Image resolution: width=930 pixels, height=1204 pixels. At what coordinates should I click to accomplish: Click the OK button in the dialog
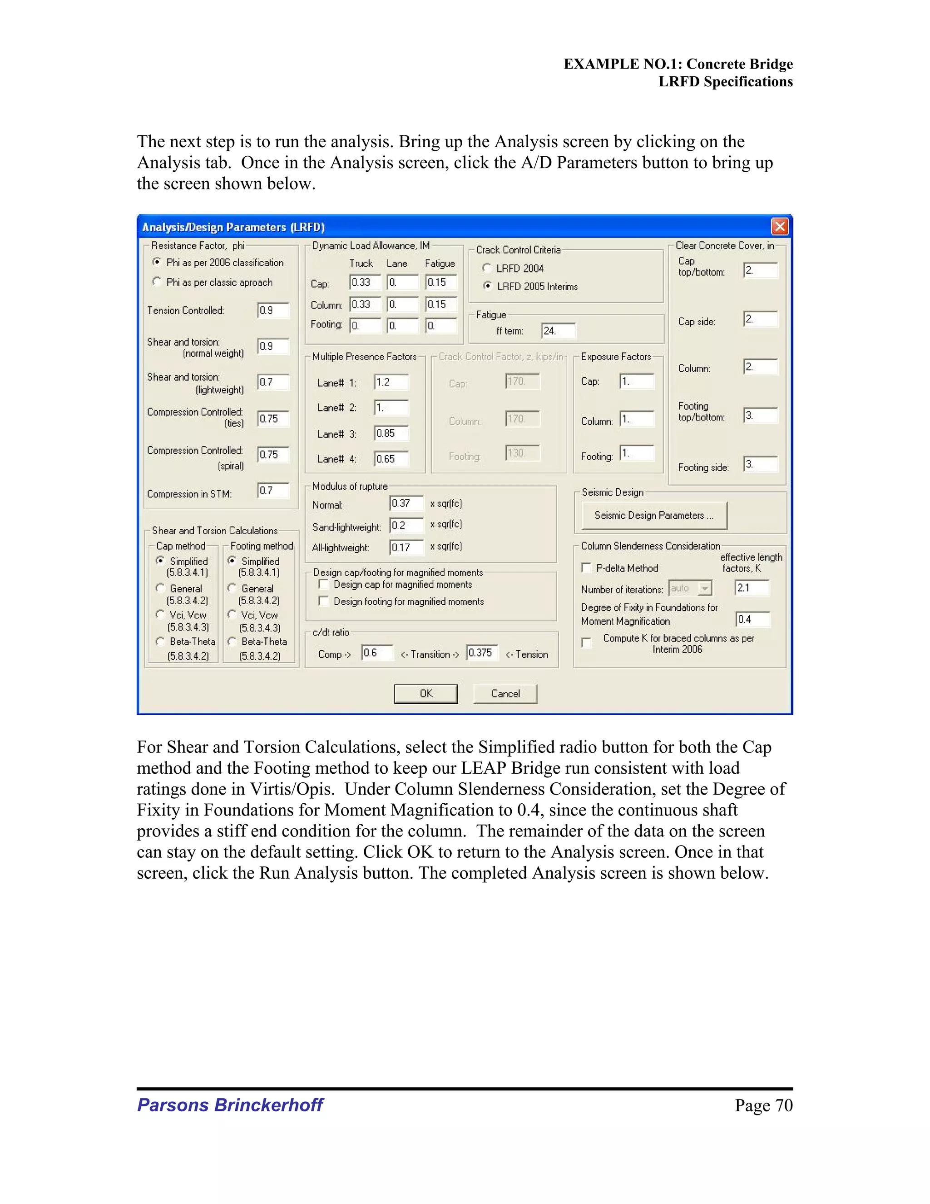(425, 693)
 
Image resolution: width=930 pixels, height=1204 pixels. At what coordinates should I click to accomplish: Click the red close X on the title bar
(780, 227)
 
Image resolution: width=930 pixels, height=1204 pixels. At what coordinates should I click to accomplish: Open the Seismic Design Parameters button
(654, 516)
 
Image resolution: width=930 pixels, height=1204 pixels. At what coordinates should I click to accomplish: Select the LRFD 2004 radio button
(486, 268)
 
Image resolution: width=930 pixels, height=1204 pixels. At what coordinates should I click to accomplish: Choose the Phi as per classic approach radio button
(157, 282)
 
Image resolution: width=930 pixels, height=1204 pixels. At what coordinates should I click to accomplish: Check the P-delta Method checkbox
(586, 568)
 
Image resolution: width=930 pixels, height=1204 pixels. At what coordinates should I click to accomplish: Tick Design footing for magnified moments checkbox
(324, 602)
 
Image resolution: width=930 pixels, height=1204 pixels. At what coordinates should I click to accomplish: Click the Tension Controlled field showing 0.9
(273, 310)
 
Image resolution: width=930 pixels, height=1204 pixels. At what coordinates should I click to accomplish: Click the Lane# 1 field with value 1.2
(391, 382)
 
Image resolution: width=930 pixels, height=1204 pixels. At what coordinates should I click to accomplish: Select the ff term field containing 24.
(558, 331)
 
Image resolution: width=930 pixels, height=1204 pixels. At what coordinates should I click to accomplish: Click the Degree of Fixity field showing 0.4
(752, 620)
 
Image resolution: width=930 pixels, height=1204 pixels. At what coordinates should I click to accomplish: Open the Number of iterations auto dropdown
(705, 589)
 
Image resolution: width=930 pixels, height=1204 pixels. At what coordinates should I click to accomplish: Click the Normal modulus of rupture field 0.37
(406, 503)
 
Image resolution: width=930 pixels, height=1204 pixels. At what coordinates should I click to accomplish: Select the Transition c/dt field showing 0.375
(481, 653)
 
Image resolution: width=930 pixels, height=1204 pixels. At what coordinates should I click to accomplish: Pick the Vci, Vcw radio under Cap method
(160, 614)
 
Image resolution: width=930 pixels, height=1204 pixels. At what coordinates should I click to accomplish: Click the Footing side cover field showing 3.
(760, 464)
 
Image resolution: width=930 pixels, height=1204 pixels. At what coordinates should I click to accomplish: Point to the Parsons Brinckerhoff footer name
(230, 1105)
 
